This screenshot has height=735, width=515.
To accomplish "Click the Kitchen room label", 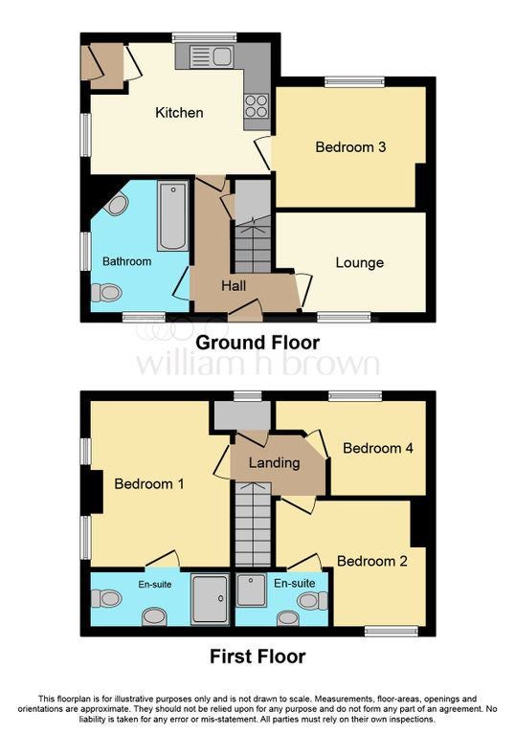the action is pyautogui.click(x=179, y=113).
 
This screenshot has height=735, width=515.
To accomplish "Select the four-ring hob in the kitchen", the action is pyautogui.click(x=257, y=105).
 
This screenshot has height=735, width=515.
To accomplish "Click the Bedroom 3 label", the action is pyautogui.click(x=350, y=147).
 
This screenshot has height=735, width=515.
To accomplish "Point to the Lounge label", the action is pyautogui.click(x=360, y=262).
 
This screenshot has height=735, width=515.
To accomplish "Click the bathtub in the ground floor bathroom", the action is pyautogui.click(x=173, y=216).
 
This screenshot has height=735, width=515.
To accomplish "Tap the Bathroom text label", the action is pyautogui.click(x=126, y=261).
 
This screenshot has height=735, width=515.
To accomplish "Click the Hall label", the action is pyautogui.click(x=234, y=285).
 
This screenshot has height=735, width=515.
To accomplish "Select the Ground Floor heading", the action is pyautogui.click(x=257, y=343).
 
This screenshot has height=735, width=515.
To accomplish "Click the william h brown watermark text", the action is pyautogui.click(x=257, y=364).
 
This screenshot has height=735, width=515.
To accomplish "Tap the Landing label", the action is pyautogui.click(x=275, y=463).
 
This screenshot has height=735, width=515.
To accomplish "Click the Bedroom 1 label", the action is pyautogui.click(x=149, y=483).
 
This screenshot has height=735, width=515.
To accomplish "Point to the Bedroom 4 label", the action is pyautogui.click(x=378, y=448).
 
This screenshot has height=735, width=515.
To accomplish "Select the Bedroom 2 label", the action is pyautogui.click(x=372, y=561).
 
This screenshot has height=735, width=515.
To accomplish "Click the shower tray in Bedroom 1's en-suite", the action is pyautogui.click(x=211, y=599).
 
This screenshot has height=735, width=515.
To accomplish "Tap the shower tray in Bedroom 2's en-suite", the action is pyautogui.click(x=252, y=590).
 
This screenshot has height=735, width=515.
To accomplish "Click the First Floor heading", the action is pyautogui.click(x=257, y=657).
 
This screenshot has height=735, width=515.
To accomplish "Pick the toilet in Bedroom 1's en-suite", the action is pyautogui.click(x=106, y=599).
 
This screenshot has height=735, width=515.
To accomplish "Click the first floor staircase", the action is pyautogui.click(x=253, y=524).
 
